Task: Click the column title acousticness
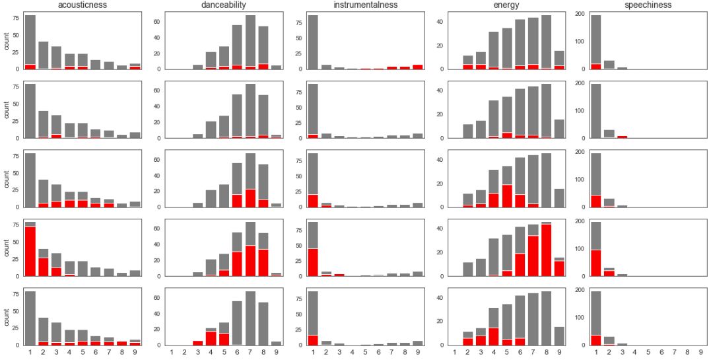coord(83,5)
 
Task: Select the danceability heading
coord(224,5)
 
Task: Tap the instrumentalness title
coord(365,5)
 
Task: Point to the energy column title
coord(506,5)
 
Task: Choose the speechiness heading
coord(648,5)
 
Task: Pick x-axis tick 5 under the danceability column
coord(224,352)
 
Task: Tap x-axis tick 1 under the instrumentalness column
coord(313,352)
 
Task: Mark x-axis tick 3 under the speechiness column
coord(623,352)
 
